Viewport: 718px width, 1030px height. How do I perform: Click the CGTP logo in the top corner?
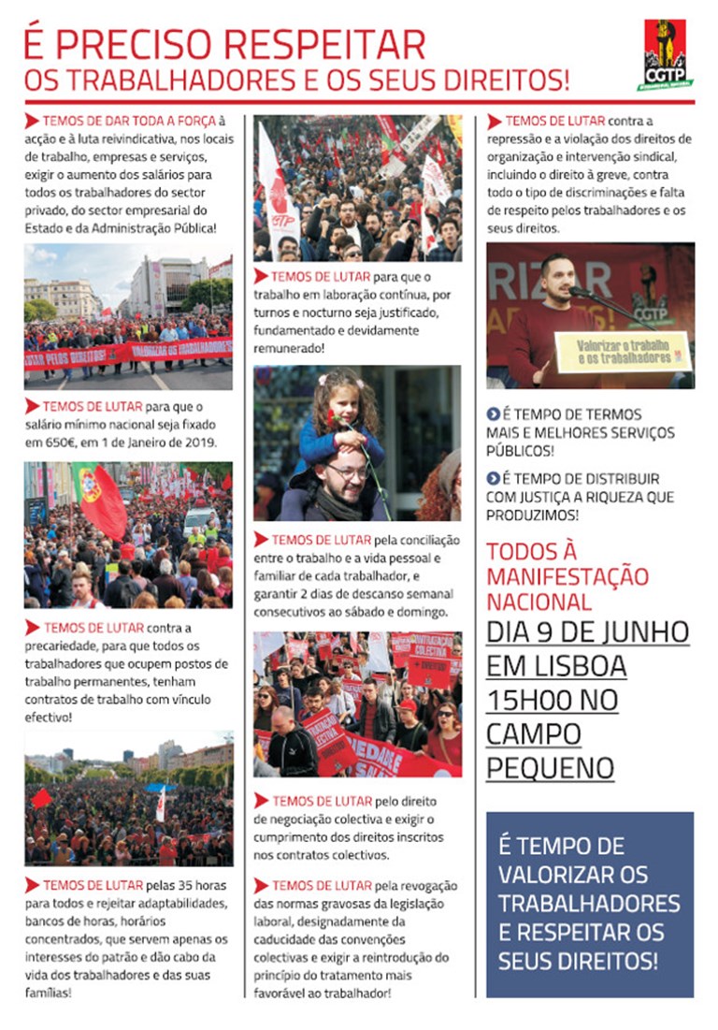click(665, 53)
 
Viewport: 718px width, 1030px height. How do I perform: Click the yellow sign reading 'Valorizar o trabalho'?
click(621, 352)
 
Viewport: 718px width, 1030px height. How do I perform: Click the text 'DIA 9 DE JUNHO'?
click(587, 631)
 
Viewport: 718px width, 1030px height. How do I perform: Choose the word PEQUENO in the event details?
click(550, 768)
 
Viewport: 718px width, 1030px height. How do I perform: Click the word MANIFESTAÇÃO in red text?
click(567, 574)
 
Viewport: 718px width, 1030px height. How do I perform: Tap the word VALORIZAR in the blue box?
click(557, 875)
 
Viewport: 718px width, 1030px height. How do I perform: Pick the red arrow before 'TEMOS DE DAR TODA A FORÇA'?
click(32, 121)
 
